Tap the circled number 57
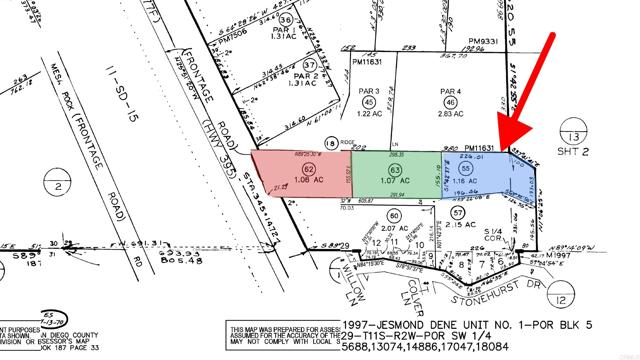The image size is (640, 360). [x=457, y=214]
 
